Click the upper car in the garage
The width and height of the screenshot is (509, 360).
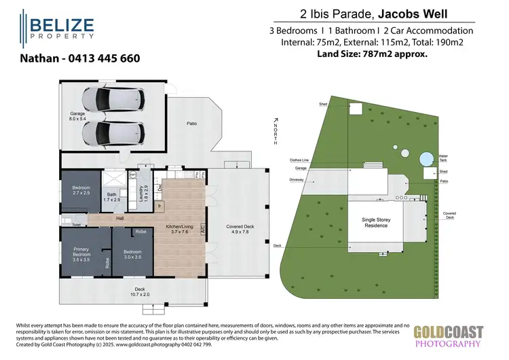pos(115,100)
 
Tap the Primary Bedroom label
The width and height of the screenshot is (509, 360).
pos(81,254)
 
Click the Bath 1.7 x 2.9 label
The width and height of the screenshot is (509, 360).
pos(111,197)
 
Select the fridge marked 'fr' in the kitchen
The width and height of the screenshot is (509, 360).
pos(159,204)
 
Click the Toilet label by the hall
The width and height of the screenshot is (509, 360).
pos(76,223)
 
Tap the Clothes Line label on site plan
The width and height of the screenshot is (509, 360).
pos(299,160)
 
